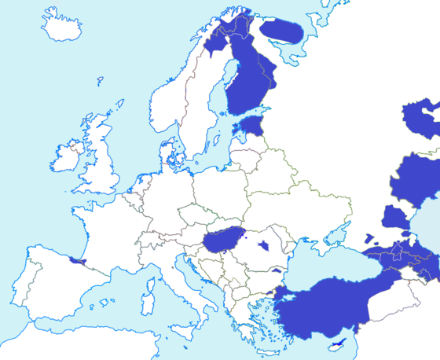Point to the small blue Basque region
click(x=76, y=260)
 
